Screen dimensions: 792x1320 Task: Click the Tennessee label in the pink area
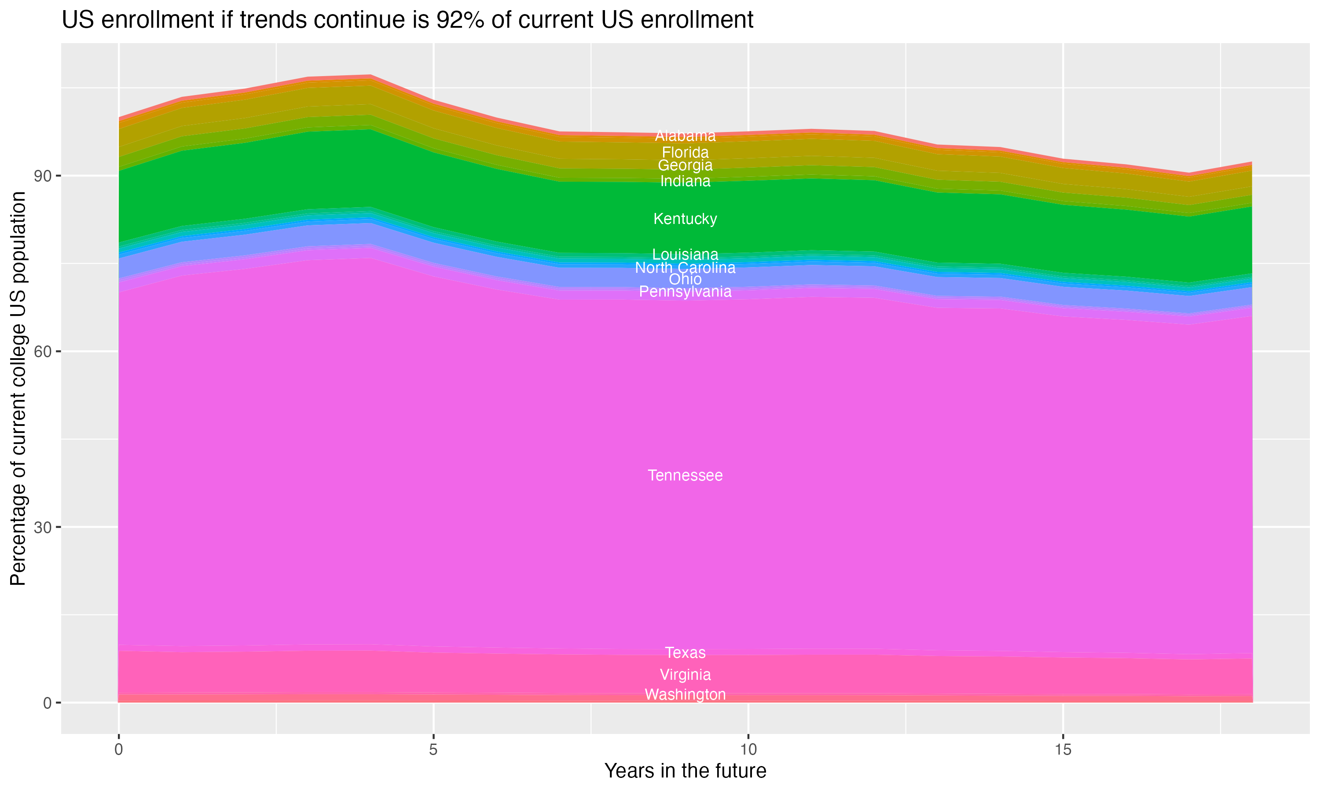pyautogui.click(x=685, y=476)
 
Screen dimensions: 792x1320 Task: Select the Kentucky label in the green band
pyautogui.click(x=685, y=219)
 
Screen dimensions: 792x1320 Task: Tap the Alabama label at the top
pyautogui.click(x=685, y=136)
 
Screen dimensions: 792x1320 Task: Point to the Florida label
pyautogui.click(x=685, y=153)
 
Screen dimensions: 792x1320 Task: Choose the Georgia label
pyautogui.click(x=685, y=165)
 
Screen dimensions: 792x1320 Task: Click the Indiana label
pyautogui.click(x=685, y=181)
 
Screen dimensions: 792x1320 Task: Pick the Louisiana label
pyautogui.click(x=685, y=255)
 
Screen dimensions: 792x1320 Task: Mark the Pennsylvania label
pyautogui.click(x=685, y=292)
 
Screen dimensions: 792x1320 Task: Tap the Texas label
pyautogui.click(x=685, y=653)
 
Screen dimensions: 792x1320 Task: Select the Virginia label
pyautogui.click(x=685, y=675)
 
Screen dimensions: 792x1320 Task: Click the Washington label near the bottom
pyautogui.click(x=685, y=695)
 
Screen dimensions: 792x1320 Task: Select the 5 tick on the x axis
pyautogui.click(x=433, y=750)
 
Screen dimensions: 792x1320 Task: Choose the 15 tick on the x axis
pyautogui.click(x=1063, y=750)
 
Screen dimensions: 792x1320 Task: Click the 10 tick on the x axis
pyautogui.click(x=748, y=750)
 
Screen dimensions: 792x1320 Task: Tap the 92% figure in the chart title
pyautogui.click(x=459, y=20)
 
